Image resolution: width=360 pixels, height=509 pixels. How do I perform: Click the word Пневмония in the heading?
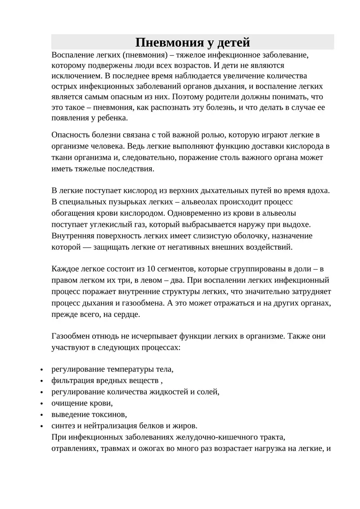coord(165,43)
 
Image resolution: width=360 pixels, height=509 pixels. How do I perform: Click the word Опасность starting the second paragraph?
coord(71,135)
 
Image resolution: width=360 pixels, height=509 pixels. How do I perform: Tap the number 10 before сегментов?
coord(151,269)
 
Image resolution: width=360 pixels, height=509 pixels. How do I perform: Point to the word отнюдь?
coord(105,336)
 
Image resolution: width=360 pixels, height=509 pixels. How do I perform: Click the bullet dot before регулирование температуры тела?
coord(41,370)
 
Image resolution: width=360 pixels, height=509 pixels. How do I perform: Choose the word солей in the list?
coord(208,392)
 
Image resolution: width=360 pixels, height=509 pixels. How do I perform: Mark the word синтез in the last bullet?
coord(63,426)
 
